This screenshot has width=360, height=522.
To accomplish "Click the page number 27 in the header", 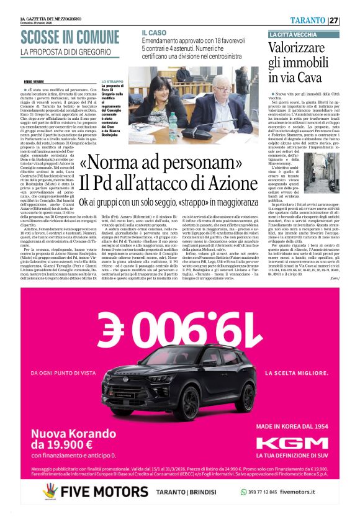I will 333,20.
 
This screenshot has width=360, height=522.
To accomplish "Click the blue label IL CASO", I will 153,32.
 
